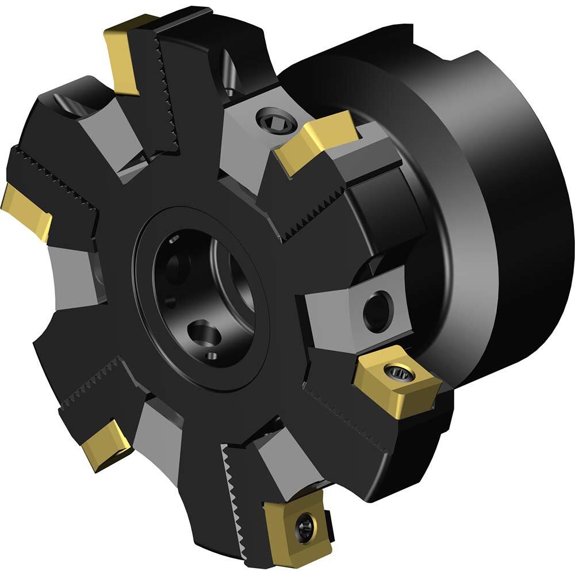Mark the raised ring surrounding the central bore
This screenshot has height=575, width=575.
pos(144,287)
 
